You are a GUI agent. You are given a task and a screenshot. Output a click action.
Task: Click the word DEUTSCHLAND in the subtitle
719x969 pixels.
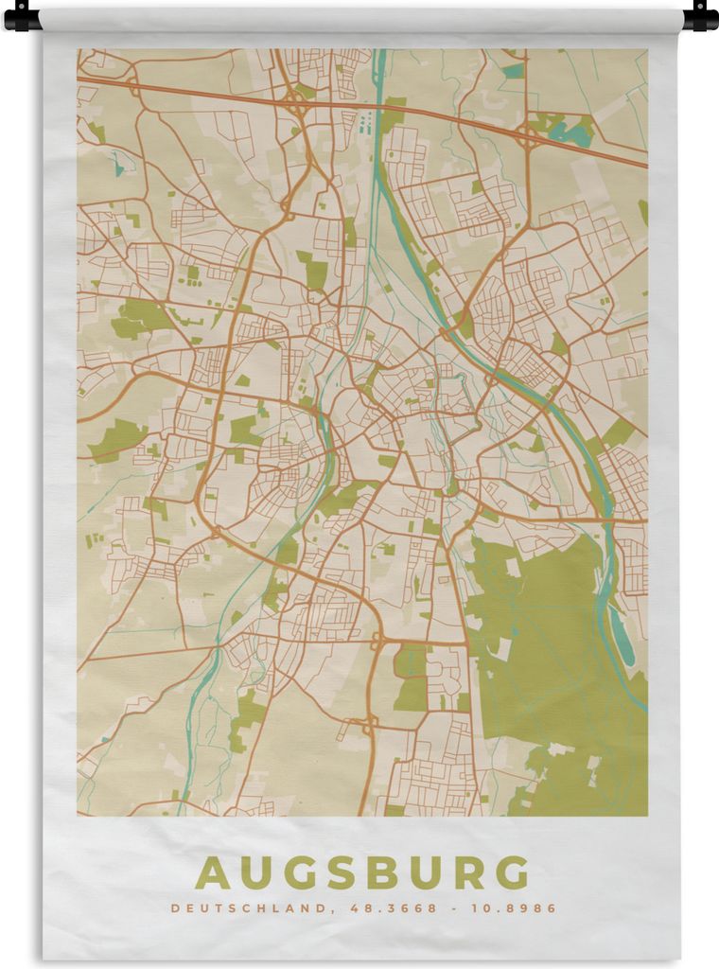pyautogui.click(x=248, y=908)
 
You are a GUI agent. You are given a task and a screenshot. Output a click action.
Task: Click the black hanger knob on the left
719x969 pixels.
pyautogui.click(x=22, y=16)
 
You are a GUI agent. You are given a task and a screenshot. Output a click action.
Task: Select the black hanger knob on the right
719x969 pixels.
pyautogui.click(x=699, y=16)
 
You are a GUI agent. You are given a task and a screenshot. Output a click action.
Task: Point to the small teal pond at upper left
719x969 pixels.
pyautogui.click(x=118, y=168)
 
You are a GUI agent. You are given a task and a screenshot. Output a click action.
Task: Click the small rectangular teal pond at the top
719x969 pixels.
pyautogui.click(x=513, y=71)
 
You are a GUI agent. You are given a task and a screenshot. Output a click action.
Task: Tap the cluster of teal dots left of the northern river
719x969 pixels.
pyautogui.click(x=366, y=124)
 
